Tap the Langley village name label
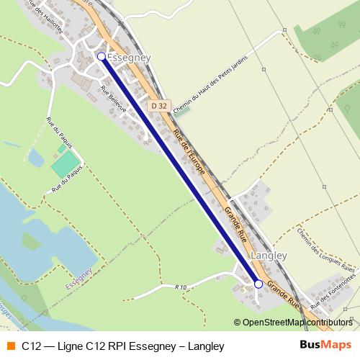point(268,256)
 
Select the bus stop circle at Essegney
point(101,55)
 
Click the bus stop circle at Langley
point(258,284)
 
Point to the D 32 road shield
point(159,106)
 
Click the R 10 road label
point(180,287)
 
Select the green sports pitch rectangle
point(65,163)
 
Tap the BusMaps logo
point(325,345)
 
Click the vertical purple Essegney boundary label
point(78,277)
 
